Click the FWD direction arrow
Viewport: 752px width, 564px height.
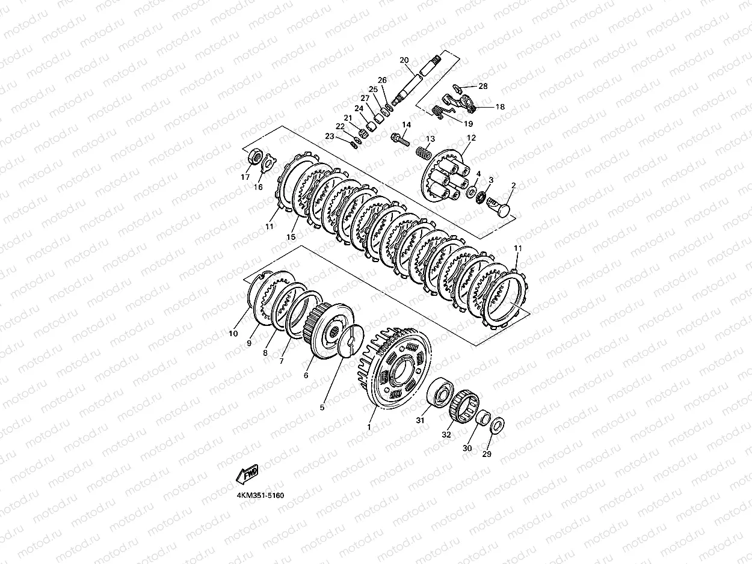[247, 474]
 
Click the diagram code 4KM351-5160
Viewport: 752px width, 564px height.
[260, 495]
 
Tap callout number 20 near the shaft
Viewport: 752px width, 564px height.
[404, 60]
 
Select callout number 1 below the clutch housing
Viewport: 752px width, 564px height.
[369, 428]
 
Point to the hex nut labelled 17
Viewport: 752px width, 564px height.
[254, 158]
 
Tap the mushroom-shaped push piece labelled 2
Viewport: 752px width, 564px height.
[499, 205]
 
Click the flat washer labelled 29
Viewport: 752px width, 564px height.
[497, 425]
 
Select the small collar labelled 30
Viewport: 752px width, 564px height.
[483, 417]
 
